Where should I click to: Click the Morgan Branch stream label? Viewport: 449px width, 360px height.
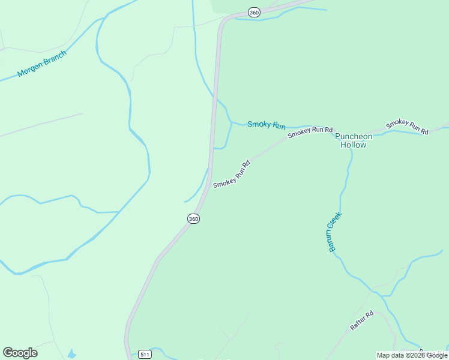tap(41, 64)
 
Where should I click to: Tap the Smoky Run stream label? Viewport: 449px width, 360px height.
tap(267, 125)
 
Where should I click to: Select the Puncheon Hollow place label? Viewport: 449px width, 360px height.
tap(353, 140)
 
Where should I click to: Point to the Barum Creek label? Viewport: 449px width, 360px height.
tap(334, 232)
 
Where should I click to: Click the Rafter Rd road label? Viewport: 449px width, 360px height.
tap(361, 321)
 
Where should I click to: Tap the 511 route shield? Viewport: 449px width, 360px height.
tap(144, 354)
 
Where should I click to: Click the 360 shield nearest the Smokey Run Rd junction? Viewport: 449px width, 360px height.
tap(193, 219)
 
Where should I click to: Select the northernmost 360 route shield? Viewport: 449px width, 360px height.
tap(254, 13)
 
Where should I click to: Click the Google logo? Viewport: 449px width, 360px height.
tap(20, 353)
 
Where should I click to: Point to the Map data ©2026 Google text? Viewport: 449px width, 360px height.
tap(412, 355)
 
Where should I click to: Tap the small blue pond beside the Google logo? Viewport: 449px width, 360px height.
tap(72, 354)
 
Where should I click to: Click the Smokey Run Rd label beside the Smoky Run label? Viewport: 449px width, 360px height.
tap(310, 133)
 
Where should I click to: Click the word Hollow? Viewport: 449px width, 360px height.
tap(353, 145)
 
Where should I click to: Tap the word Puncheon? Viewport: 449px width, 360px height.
tap(354, 136)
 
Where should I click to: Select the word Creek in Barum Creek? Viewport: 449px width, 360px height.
tap(336, 222)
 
